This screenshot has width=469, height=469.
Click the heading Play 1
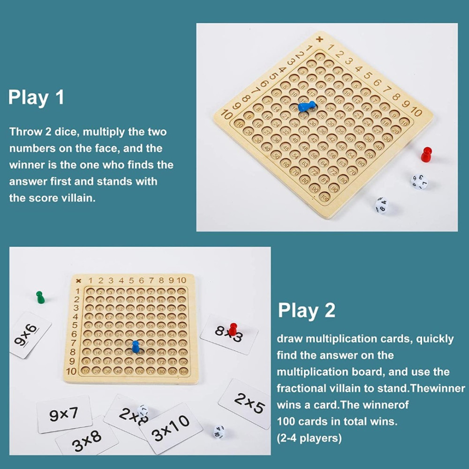pyautogui.click(x=36, y=98)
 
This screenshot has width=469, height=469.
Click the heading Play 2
pyautogui.click(x=307, y=310)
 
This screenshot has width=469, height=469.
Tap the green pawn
pyautogui.click(x=40, y=297)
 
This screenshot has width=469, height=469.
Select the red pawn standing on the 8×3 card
pyautogui.click(x=233, y=328)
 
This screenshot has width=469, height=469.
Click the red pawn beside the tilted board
pyautogui.click(x=426, y=154)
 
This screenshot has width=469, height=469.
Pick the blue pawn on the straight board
pyautogui.click(x=136, y=347)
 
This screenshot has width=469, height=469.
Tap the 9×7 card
pyautogui.click(x=64, y=414)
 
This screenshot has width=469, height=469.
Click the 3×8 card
pyautogui.click(x=87, y=439)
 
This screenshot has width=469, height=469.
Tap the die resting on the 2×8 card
pyautogui.click(x=143, y=412)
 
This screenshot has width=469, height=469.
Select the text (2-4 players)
pyautogui.click(x=309, y=438)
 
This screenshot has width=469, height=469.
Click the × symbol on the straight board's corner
pyautogui.click(x=79, y=280)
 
